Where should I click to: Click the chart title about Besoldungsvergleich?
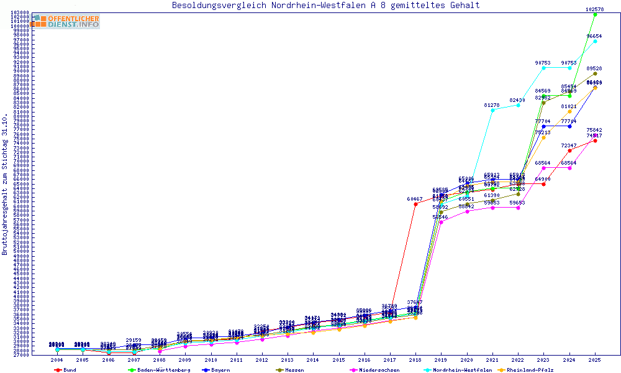click(x=325, y=6)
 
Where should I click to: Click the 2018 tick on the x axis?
click(x=415, y=360)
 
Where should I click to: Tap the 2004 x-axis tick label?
click(x=57, y=360)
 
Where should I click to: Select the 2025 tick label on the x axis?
click(x=595, y=360)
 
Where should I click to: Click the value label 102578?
click(x=595, y=9)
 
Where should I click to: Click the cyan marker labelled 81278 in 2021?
click(x=492, y=109)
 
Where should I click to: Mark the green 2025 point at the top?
click(x=595, y=14)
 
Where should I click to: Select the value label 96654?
click(x=595, y=36)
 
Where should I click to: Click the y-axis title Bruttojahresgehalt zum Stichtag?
click(x=5, y=185)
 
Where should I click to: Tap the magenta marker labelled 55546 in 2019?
click(x=441, y=222)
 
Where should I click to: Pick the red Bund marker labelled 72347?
click(x=569, y=150)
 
